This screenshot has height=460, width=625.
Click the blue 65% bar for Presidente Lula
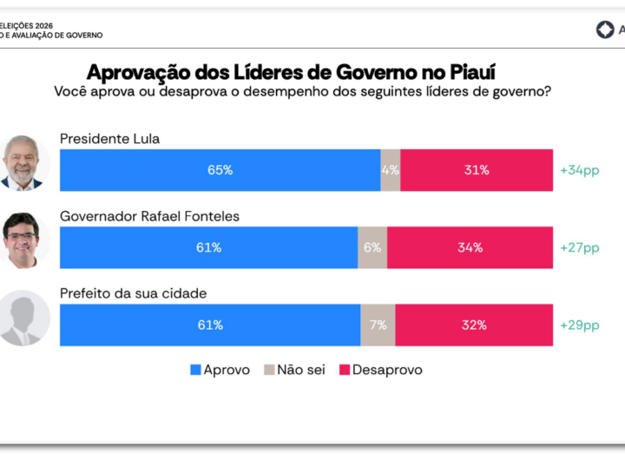220,170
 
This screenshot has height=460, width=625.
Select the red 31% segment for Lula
476,170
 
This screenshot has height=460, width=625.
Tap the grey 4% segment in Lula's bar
390,170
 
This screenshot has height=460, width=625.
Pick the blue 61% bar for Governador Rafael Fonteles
208,247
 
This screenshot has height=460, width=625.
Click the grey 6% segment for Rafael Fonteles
372,247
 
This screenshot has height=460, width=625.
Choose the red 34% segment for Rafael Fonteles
470,247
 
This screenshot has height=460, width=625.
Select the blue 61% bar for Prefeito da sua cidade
210,325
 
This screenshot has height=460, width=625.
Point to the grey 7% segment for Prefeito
378,325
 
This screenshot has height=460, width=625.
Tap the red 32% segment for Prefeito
474,325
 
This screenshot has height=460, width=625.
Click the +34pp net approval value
579,170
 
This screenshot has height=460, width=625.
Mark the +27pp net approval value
579,247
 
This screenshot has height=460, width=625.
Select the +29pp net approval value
579,325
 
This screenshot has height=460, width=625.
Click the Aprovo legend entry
220,370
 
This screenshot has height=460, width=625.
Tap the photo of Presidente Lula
23,163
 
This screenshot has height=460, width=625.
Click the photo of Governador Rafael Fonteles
23,240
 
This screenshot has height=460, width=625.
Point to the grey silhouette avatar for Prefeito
23,319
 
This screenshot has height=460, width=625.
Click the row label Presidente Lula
109,139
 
